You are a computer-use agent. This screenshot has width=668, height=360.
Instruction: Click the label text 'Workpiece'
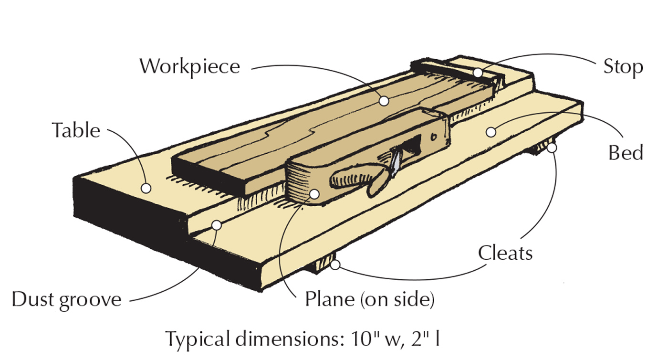click(x=189, y=66)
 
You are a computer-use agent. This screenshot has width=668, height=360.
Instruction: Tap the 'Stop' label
click(x=623, y=67)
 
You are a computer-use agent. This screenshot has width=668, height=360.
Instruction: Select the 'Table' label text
click(x=76, y=130)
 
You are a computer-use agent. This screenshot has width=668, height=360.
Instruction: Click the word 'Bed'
click(x=626, y=153)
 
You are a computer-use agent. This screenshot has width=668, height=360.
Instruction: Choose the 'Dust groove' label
click(x=66, y=300)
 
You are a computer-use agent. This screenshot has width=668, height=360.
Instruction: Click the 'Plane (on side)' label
click(x=370, y=300)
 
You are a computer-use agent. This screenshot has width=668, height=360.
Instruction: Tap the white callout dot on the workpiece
click(x=384, y=101)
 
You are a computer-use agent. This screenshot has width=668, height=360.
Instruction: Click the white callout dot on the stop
click(x=478, y=72)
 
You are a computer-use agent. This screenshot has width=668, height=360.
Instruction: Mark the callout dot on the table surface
click(x=146, y=189)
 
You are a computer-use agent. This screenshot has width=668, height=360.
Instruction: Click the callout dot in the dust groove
click(x=217, y=224)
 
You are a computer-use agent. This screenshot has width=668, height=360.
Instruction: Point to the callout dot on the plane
click(x=314, y=193)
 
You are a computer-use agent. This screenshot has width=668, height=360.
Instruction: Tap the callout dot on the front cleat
click(x=335, y=265)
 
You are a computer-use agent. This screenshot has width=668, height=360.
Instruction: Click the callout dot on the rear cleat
click(x=552, y=148)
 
